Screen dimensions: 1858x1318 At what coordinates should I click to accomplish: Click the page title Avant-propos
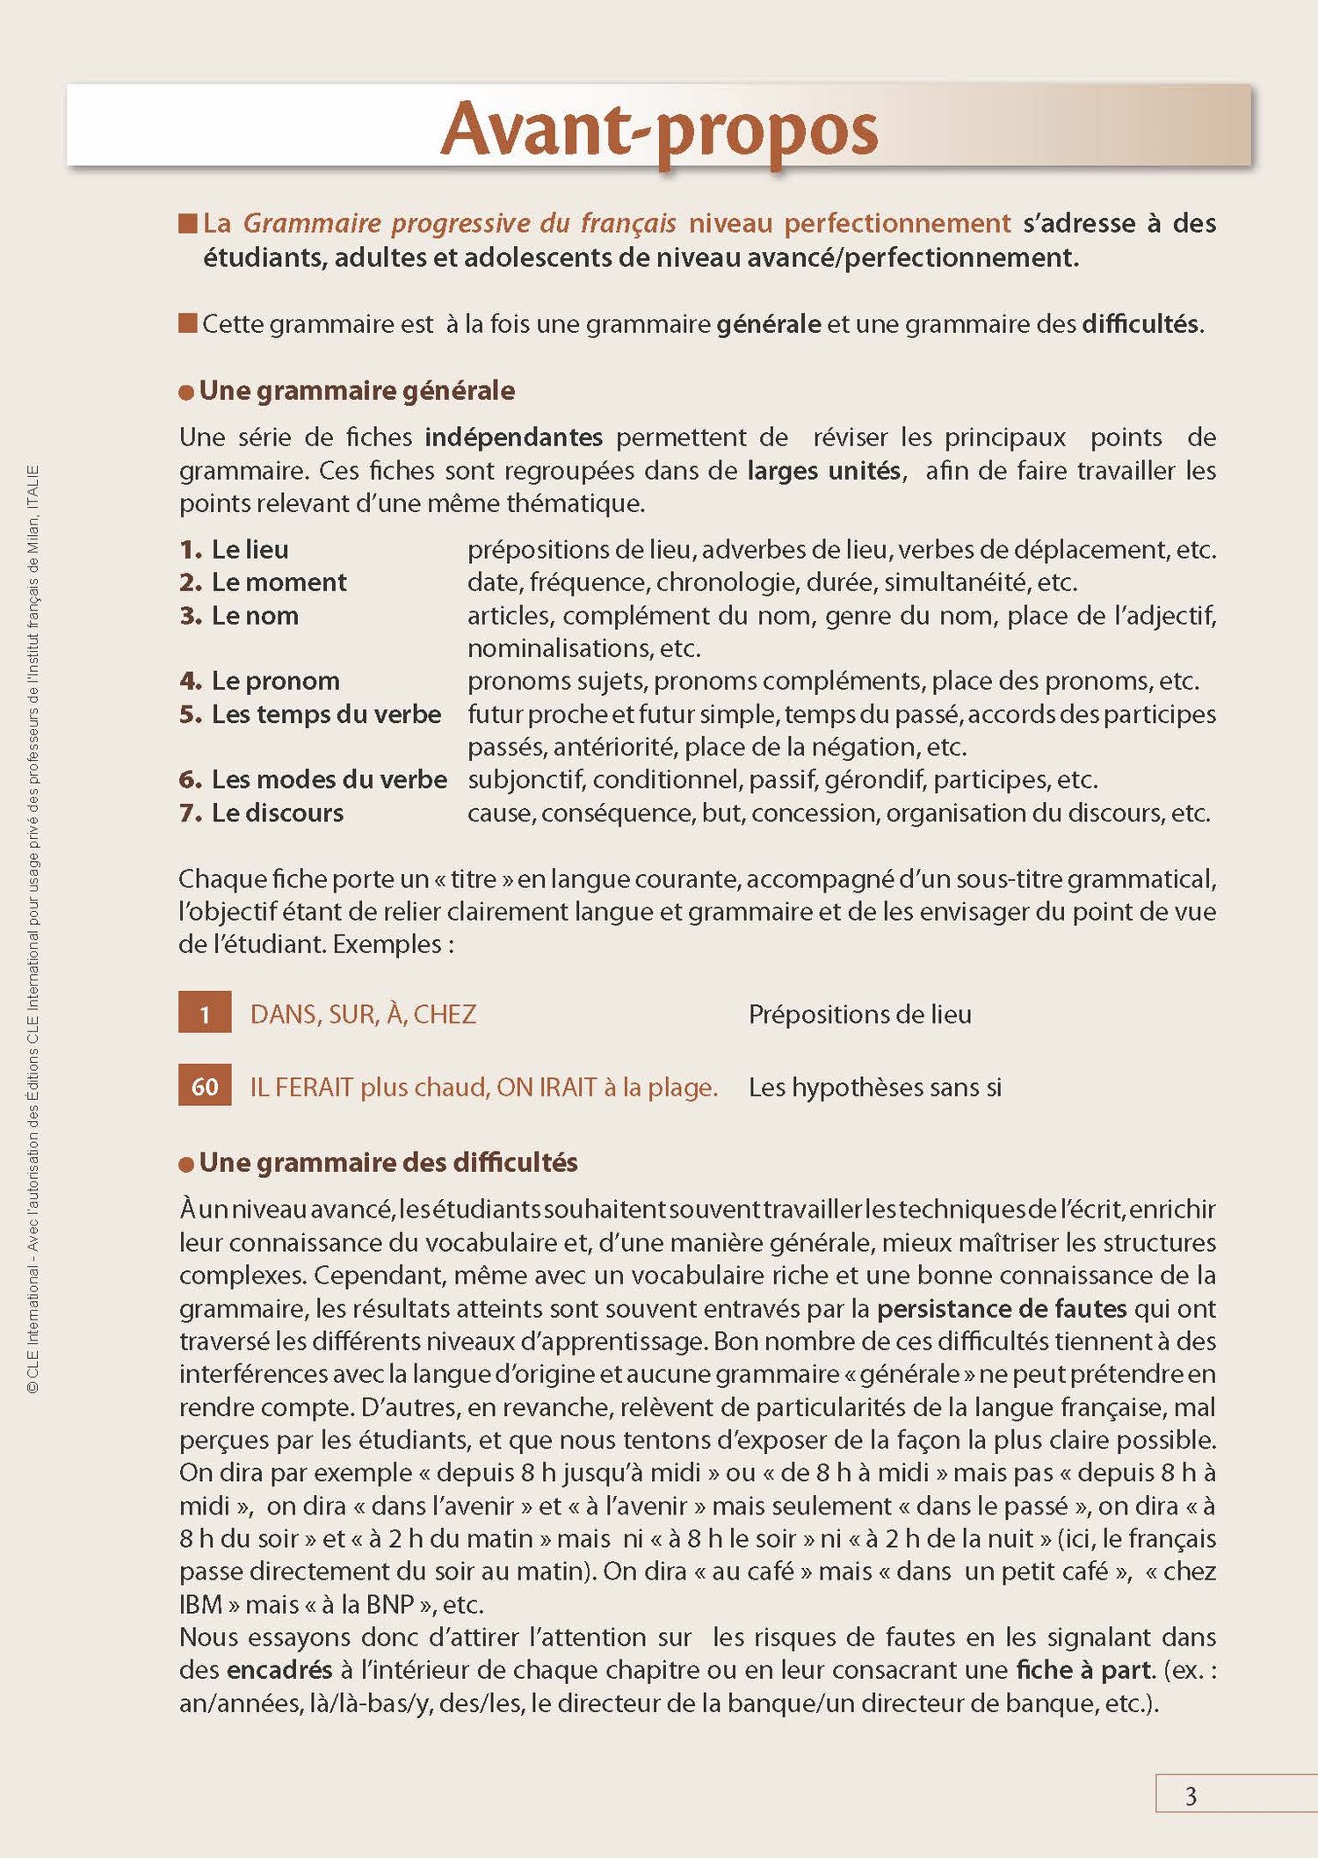click(x=659, y=130)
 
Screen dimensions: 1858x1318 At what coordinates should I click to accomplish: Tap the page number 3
click(x=1191, y=1796)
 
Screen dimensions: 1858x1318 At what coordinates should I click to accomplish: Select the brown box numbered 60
click(x=205, y=1086)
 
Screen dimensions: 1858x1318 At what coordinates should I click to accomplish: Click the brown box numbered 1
click(x=205, y=1013)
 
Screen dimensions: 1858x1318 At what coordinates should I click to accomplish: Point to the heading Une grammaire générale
click(x=357, y=391)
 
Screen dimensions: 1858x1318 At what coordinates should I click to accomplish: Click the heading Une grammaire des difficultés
click(x=387, y=1162)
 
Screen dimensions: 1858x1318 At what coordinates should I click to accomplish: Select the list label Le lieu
click(x=250, y=549)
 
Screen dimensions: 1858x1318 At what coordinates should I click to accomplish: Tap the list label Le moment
click(x=279, y=582)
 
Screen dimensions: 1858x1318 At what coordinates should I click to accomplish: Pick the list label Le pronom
click(x=275, y=681)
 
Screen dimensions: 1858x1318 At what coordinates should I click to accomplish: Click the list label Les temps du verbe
click(x=326, y=713)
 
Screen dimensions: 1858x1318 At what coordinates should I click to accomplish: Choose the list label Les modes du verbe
click(x=329, y=779)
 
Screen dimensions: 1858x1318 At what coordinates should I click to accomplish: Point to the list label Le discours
click(x=277, y=813)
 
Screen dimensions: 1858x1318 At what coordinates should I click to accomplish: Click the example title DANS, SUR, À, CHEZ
click(x=363, y=1014)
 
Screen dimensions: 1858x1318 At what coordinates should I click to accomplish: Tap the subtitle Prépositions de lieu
click(x=859, y=1014)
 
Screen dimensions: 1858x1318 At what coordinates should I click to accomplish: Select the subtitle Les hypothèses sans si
click(x=874, y=1087)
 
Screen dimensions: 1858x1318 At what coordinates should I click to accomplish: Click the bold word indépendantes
click(x=513, y=437)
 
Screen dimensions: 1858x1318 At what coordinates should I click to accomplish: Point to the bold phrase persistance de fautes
click(x=1002, y=1308)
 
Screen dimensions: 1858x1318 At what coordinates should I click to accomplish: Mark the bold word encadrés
click(x=279, y=1669)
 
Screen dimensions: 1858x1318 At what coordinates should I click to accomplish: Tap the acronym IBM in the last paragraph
click(x=200, y=1604)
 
